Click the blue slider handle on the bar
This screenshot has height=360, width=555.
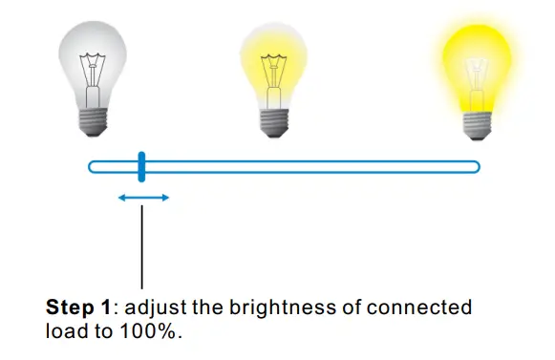140,166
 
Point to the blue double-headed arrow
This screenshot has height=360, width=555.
143,198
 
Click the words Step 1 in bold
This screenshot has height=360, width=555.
80,308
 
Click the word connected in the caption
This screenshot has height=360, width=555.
424,308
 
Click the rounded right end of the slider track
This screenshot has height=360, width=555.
475,167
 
